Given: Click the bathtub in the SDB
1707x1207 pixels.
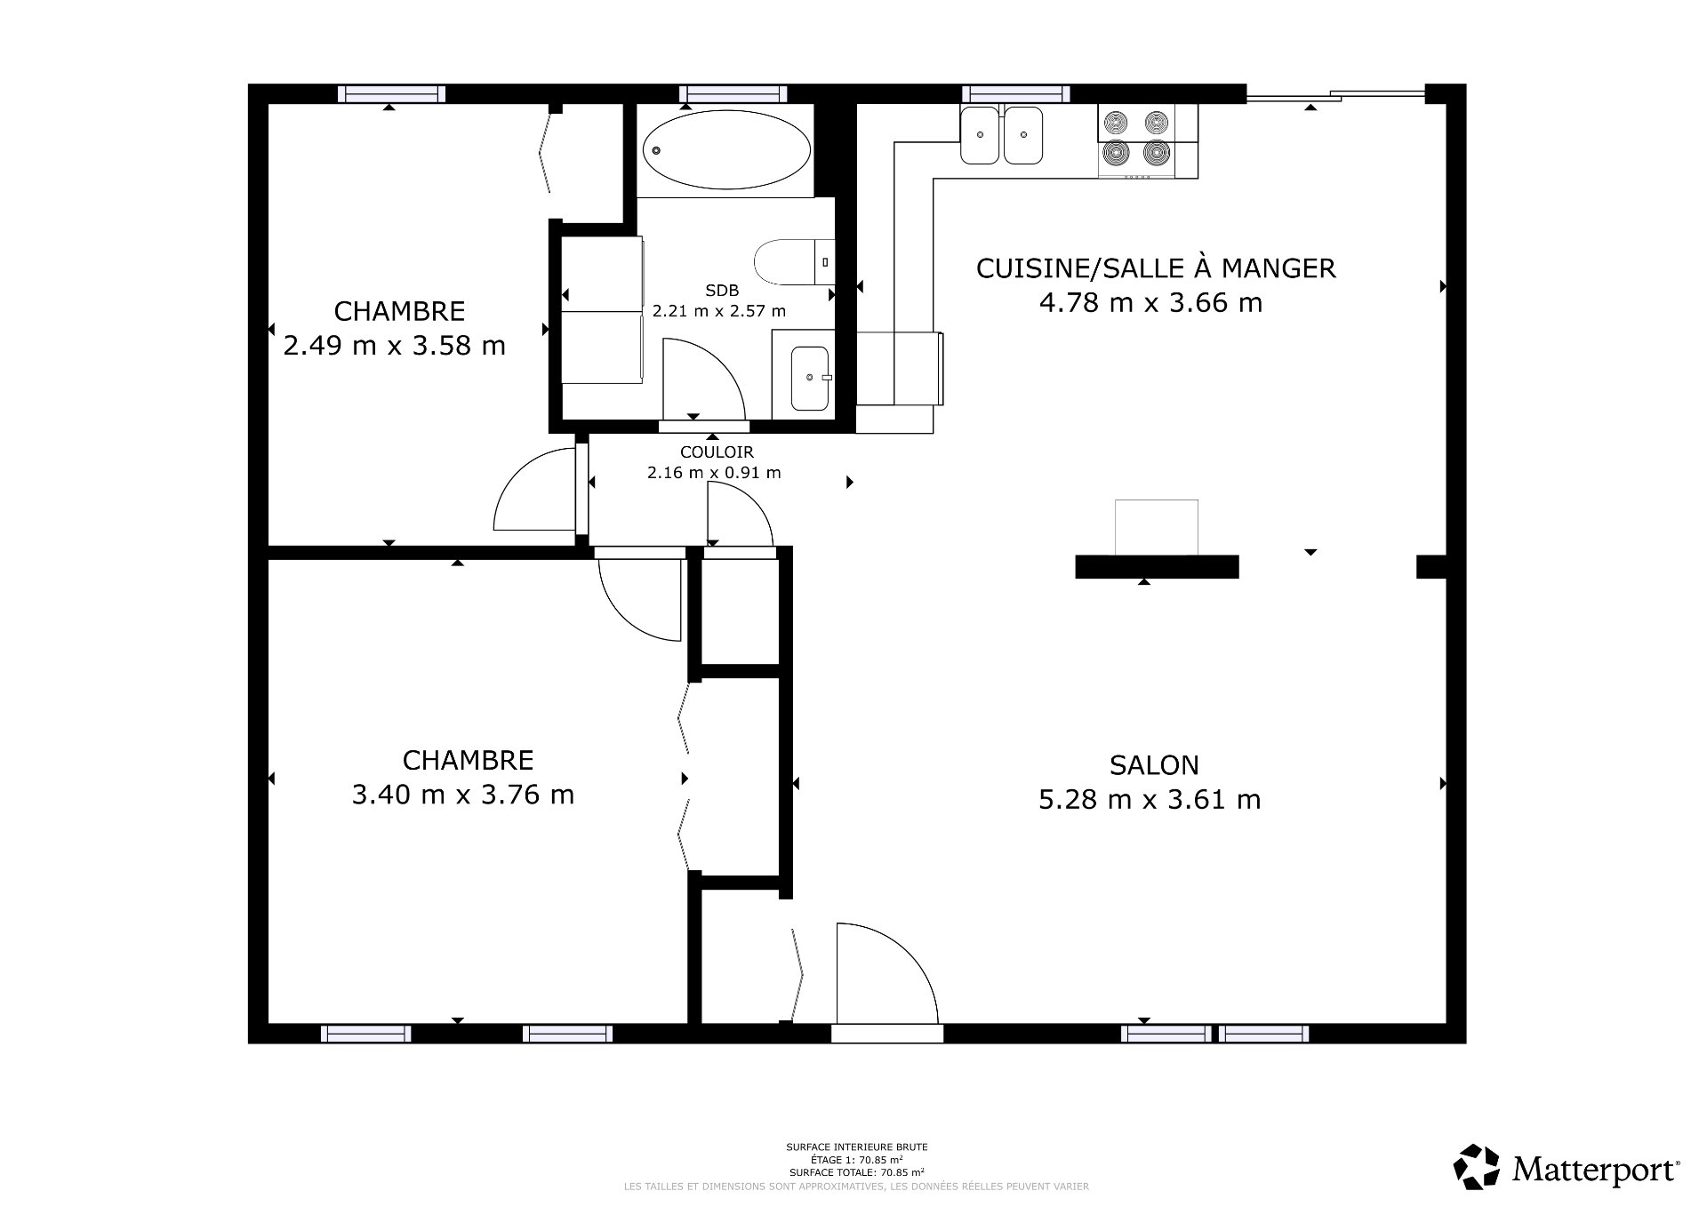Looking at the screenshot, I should (x=726, y=149).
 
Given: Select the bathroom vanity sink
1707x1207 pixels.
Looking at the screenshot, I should (x=809, y=379).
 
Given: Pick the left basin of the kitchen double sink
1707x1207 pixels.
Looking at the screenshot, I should (x=980, y=135).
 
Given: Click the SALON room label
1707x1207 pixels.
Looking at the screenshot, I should (x=1153, y=764).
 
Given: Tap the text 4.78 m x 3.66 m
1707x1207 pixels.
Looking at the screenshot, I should (x=1150, y=302).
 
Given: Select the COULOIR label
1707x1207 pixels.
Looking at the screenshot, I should (x=717, y=452).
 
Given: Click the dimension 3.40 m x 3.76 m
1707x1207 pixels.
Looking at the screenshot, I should (x=462, y=794).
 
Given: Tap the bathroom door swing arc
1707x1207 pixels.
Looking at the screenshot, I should (x=702, y=378).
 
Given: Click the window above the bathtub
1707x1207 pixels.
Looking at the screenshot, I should (x=733, y=93).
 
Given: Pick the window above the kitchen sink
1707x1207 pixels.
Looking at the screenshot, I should (x=1016, y=93).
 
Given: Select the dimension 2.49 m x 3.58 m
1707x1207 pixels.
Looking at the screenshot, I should (x=394, y=345).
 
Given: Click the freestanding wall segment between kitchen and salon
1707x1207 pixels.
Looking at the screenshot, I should (x=1157, y=566).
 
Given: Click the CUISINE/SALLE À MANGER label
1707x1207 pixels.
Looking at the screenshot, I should (x=1156, y=268).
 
